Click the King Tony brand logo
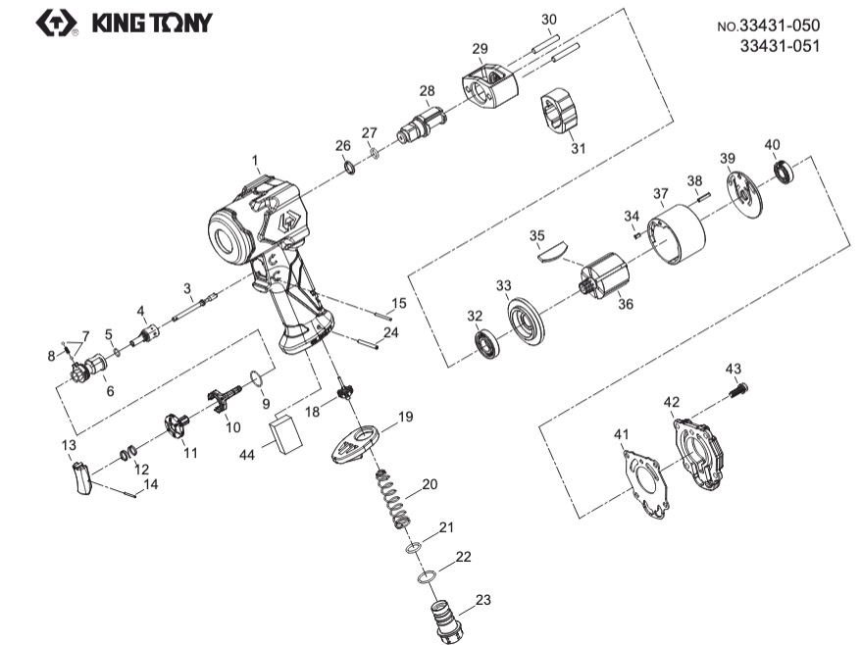click(123, 22)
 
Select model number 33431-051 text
click(780, 45)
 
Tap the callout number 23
click(482, 600)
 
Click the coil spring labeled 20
click(394, 497)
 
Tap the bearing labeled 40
click(785, 174)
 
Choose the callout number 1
click(254, 159)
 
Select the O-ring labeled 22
click(427, 578)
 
